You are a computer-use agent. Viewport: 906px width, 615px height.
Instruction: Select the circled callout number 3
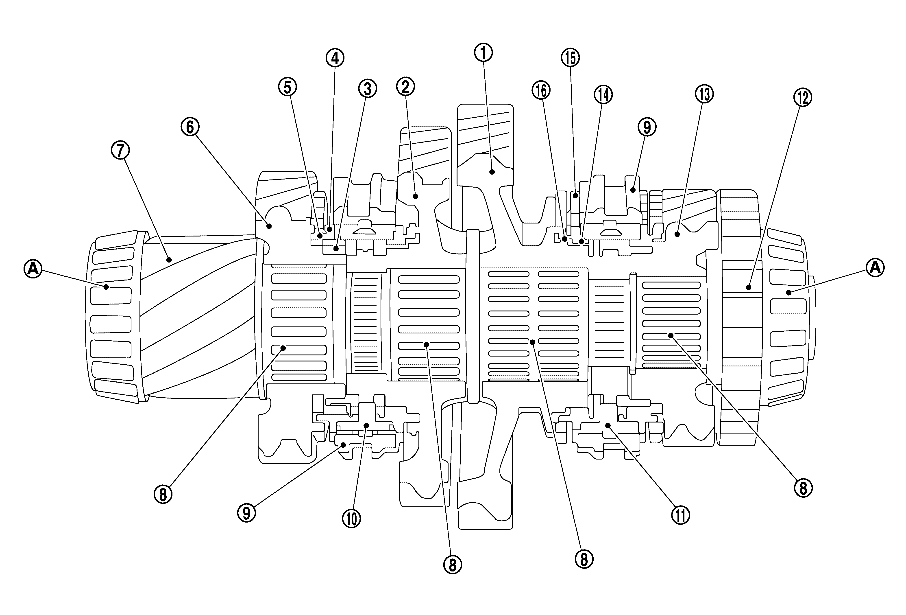[x=368, y=89]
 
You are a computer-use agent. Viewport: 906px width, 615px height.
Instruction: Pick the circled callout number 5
[x=287, y=87]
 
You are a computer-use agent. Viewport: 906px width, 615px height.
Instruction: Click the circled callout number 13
[x=704, y=94]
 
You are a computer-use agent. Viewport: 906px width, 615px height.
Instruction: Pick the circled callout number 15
[x=570, y=58]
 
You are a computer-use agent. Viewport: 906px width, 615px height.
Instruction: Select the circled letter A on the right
[x=875, y=268]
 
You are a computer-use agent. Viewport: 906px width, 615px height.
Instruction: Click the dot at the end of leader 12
[x=749, y=287]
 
